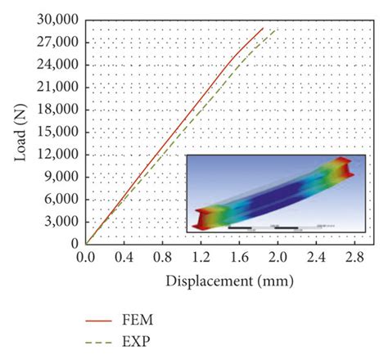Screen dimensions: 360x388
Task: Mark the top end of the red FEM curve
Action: click(x=263, y=28)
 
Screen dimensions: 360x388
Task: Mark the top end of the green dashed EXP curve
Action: click(x=275, y=29)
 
